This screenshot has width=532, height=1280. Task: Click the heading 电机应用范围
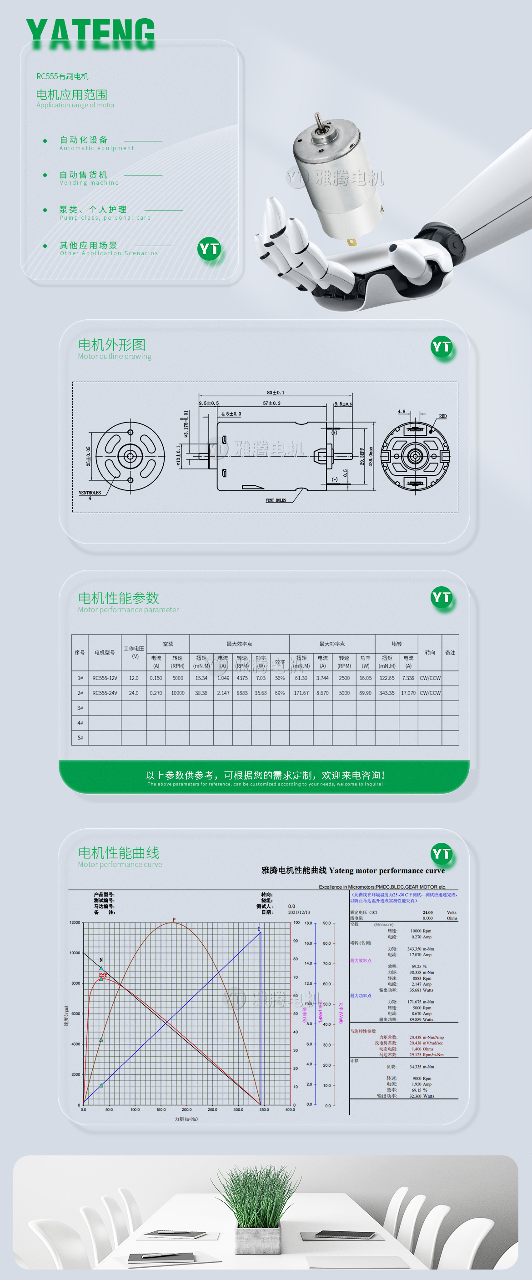pos(71,95)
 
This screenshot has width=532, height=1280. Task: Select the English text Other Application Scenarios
pos(109,253)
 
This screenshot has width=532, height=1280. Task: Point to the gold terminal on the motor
pos(351,242)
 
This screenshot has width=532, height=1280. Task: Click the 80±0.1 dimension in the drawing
pos(275,393)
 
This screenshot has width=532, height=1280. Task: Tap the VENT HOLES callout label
pos(276,500)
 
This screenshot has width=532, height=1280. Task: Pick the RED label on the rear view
pos(442,416)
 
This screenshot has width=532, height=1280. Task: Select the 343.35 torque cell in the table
pos(387,693)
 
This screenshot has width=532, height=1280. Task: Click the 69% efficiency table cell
pos(280,693)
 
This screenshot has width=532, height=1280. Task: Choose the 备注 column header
pos(450,652)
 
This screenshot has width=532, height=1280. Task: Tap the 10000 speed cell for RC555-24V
pos(177,693)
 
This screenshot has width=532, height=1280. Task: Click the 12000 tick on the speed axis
pos(75,922)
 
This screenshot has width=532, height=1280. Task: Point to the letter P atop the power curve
pos(174,919)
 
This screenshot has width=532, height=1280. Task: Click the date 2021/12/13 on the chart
pos(299,912)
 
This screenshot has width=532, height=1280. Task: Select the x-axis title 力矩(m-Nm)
pos(186,1119)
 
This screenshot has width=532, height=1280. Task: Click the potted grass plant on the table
pos(257,1208)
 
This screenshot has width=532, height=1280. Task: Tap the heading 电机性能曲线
pos(119,853)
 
